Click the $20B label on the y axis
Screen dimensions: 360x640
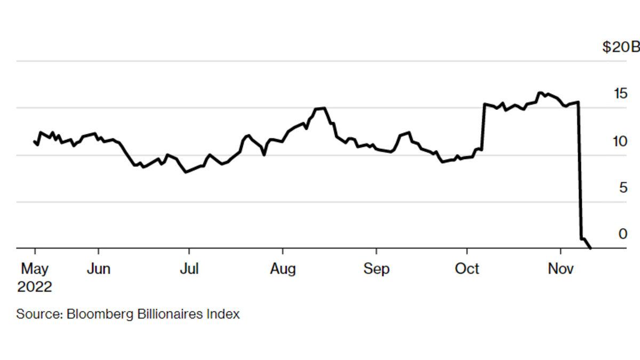(620, 47)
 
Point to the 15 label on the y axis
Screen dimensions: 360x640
(620, 94)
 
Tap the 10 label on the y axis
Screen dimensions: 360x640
(620, 141)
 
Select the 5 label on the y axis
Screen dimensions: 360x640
(623, 188)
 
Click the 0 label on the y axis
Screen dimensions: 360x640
(623, 234)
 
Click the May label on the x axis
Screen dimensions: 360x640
(35, 269)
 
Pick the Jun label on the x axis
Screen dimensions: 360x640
(98, 269)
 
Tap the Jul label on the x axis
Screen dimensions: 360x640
(189, 269)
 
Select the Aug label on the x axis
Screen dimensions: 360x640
(283, 269)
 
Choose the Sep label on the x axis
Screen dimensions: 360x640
(377, 269)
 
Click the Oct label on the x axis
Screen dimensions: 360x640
(467, 269)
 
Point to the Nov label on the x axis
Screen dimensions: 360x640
(561, 269)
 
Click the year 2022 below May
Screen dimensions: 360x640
(35, 287)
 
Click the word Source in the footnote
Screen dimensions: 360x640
(39, 314)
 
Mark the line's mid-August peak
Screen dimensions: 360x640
(323, 108)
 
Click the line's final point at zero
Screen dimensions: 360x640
(590, 248)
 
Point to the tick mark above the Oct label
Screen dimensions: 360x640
(467, 251)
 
